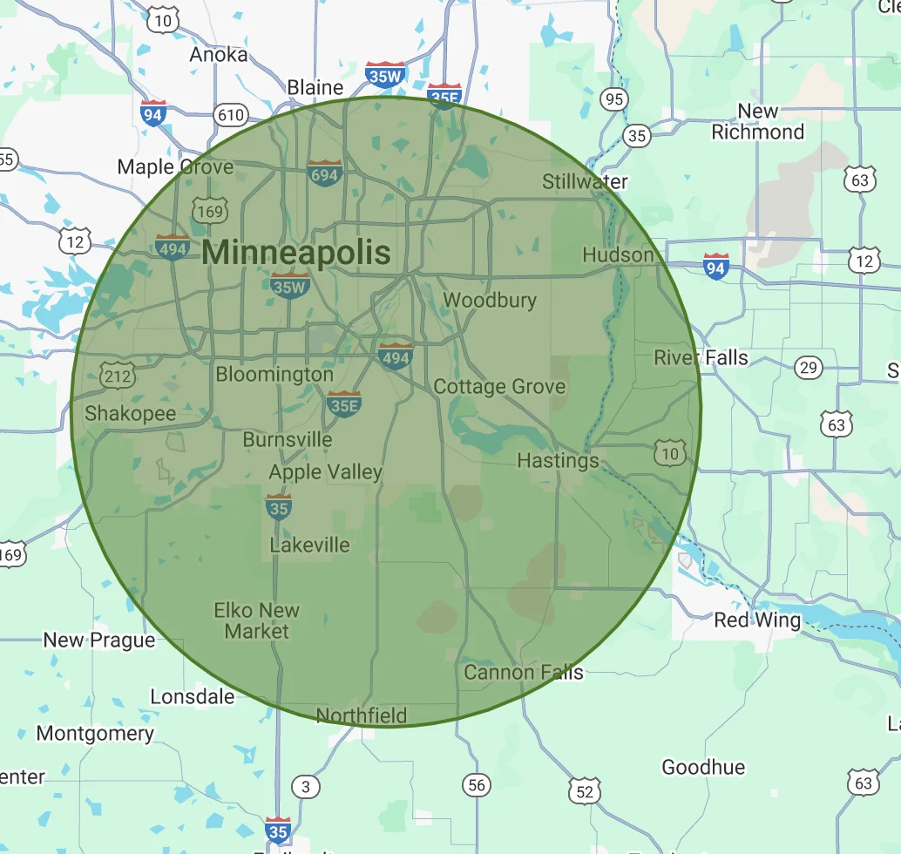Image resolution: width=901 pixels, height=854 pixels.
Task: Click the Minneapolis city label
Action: point(296,253)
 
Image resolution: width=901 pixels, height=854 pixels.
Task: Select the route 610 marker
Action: point(231,114)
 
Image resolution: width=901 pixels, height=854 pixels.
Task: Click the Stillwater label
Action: point(585,181)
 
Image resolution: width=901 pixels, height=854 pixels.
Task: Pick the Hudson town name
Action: point(618,254)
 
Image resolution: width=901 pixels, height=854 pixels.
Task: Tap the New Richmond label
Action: point(757,122)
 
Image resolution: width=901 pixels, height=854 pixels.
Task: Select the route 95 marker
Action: point(614,98)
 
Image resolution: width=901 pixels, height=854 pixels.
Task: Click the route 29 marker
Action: point(809,368)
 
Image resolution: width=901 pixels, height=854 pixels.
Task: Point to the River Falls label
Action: point(701,357)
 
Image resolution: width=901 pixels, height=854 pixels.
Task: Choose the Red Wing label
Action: point(756,620)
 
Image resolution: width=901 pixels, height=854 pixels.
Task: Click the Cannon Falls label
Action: point(523,672)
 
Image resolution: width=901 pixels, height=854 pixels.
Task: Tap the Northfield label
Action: point(361,715)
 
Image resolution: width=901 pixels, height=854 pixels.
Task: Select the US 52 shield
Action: point(584,791)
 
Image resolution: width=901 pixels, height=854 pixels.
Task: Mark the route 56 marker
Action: point(476,785)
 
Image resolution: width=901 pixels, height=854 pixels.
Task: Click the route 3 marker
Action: point(304,787)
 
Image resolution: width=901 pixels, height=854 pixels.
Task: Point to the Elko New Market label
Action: point(257,620)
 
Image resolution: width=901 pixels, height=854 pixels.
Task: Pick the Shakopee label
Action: point(130,413)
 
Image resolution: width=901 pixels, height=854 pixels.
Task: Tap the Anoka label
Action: point(218,54)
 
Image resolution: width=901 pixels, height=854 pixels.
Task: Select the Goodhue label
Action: point(703,767)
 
